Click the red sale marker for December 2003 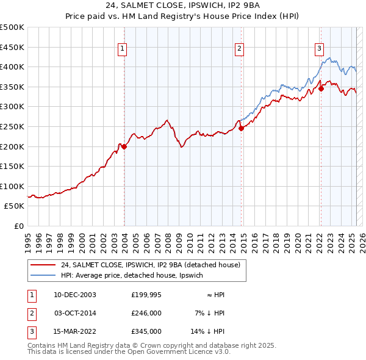click(x=124, y=146)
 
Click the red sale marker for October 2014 click(x=241, y=128)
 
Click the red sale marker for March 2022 click(x=321, y=88)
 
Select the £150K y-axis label click(x=12, y=166)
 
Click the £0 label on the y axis click(x=19, y=226)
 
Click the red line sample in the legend click(x=43, y=265)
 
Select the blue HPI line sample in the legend click(x=43, y=275)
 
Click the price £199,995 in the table click(x=146, y=295)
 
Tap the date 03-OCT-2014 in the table click(x=75, y=313)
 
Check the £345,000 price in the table click(x=146, y=331)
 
